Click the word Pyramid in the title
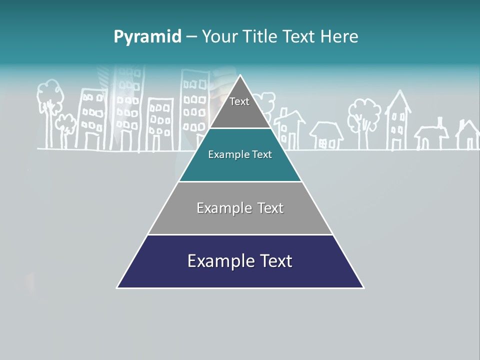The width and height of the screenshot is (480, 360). tap(147, 37)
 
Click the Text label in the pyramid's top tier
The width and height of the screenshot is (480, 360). tap(239, 102)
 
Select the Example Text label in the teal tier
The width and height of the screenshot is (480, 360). tap(240, 155)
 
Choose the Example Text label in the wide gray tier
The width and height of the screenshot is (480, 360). tap(240, 208)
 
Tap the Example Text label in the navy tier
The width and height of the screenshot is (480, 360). tap(240, 261)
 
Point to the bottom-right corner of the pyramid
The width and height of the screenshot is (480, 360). tap(363, 287)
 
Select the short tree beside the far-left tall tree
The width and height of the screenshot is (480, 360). tap(65, 129)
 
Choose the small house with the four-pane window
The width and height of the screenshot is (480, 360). tap(326, 136)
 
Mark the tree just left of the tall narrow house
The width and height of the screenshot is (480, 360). tap(364, 120)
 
